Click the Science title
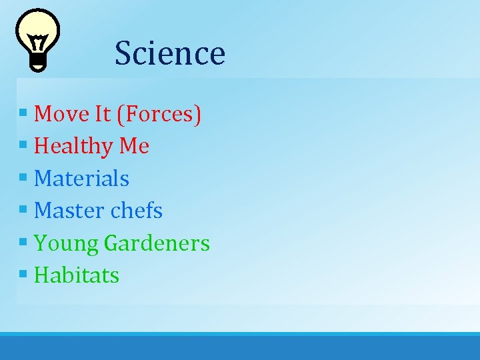click(x=169, y=53)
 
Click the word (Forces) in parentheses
click(x=159, y=115)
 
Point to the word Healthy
click(x=73, y=147)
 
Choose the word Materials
click(x=81, y=179)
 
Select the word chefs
click(x=136, y=211)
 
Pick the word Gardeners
click(x=157, y=243)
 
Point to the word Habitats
click(x=76, y=275)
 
